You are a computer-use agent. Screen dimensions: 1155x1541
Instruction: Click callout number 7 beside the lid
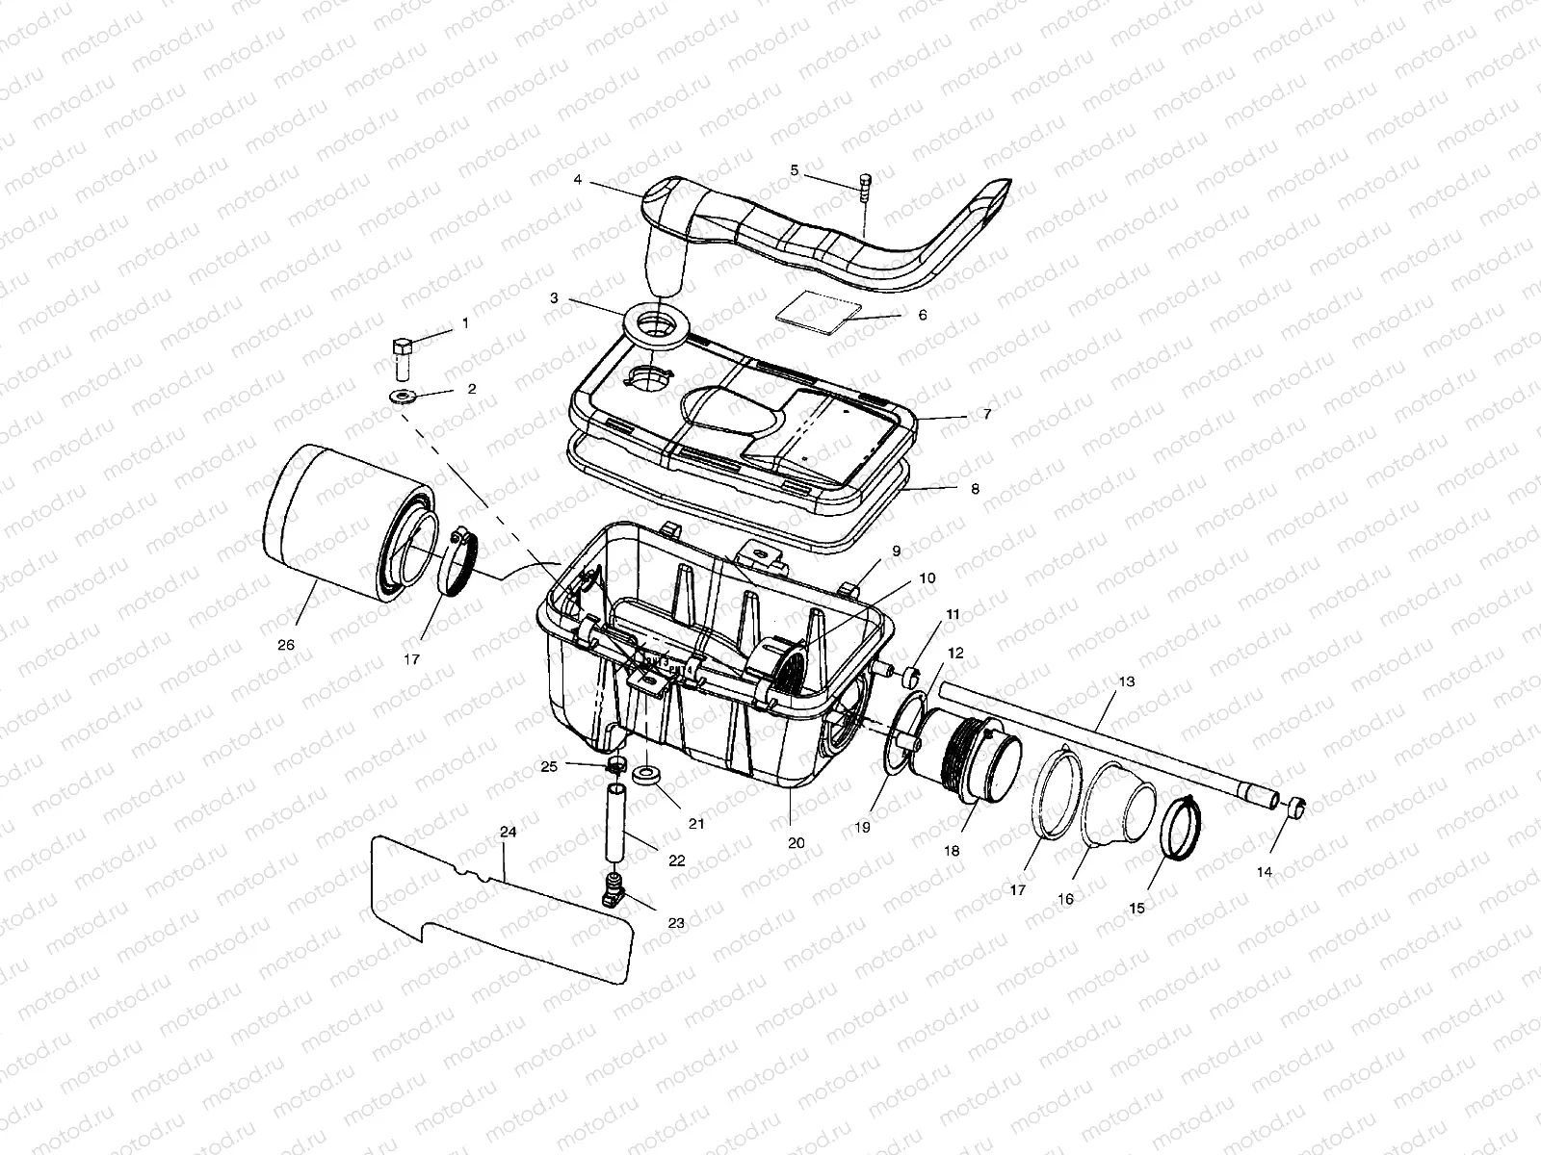986,414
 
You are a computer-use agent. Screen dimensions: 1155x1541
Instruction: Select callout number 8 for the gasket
975,489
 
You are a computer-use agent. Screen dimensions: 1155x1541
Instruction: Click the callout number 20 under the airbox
796,842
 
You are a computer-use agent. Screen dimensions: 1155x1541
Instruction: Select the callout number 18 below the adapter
952,851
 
